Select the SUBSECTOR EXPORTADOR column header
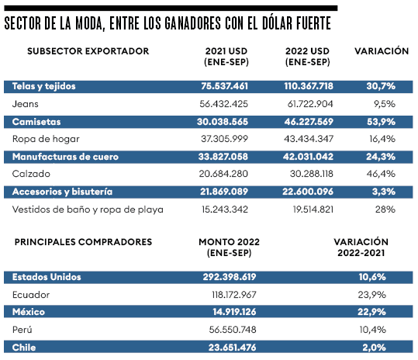coord(88,51)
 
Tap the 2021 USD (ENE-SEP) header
coord(226,57)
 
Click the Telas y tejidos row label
coord(43,86)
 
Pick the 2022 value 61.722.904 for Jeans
coord(310,104)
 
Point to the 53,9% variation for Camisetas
coord(381,122)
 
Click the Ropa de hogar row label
coord(46,139)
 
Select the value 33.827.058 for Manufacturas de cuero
coord(223,157)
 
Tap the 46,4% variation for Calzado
coord(381,174)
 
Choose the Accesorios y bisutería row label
coord(62,192)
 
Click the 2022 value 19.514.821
coord(313,209)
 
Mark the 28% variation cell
coord(385,209)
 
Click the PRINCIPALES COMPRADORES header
coord(83,242)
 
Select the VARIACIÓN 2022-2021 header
coord(361,247)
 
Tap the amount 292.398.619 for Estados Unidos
coord(230,277)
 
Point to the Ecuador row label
coord(31,295)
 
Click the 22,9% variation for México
coord(371,312)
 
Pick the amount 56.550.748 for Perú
coord(233,330)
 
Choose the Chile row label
coord(24,348)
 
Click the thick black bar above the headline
coord(171,8)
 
